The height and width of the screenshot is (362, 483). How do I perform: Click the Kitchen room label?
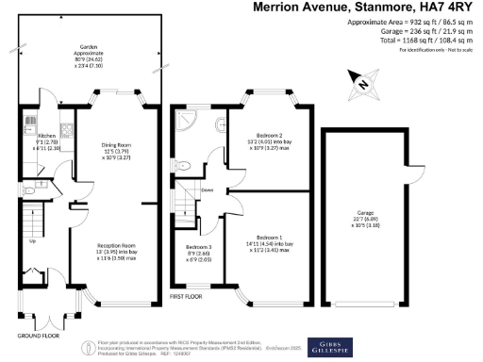[43, 141]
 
